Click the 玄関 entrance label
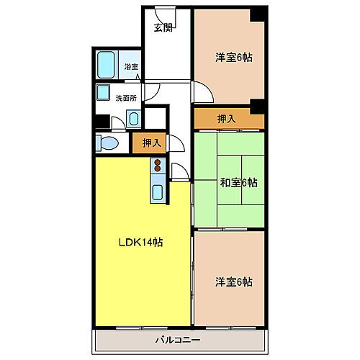click(163, 28)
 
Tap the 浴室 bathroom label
click(131, 67)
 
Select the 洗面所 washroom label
click(127, 98)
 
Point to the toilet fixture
click(106, 143)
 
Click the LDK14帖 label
click(140, 243)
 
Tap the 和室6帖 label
click(238, 182)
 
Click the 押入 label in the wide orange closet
click(226, 117)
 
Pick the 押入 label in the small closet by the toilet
click(150, 143)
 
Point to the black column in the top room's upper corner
click(257, 16)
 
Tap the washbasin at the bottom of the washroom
click(134, 119)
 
